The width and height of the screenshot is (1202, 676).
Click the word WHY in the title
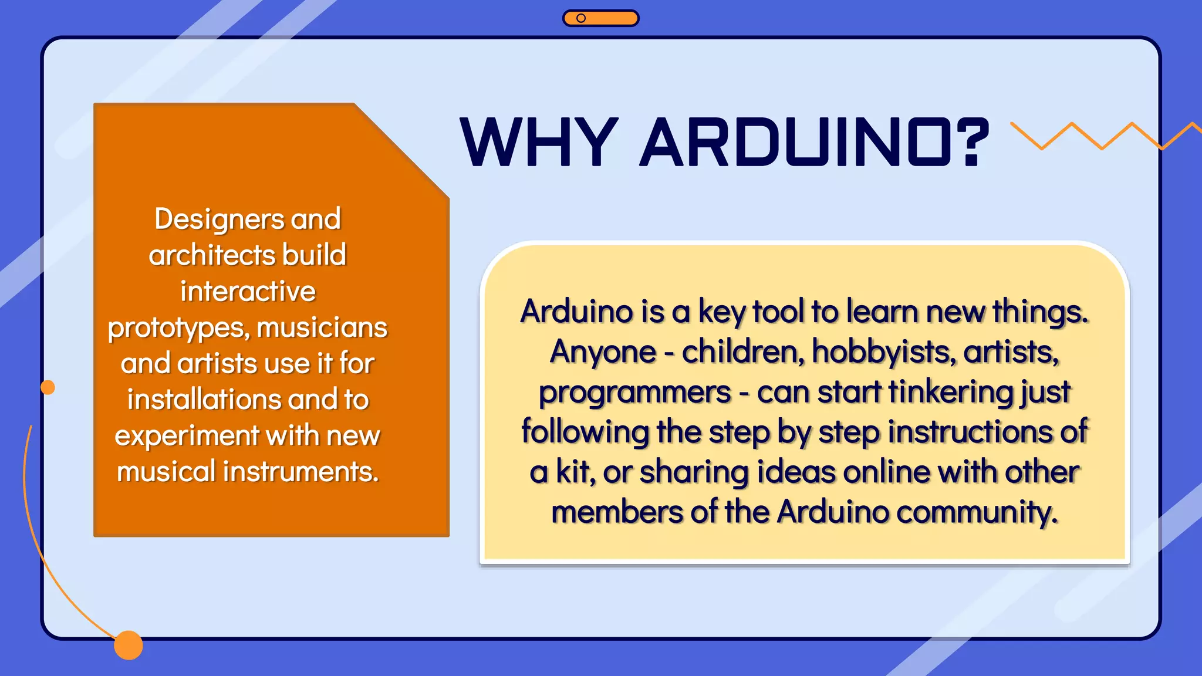click(x=539, y=142)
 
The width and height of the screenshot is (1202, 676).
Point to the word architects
click(x=212, y=255)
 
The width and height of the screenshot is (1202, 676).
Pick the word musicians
click(x=322, y=327)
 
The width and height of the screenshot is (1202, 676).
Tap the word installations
click(x=204, y=400)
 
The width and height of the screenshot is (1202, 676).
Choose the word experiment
click(x=187, y=436)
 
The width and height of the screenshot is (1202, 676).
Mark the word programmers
click(x=634, y=393)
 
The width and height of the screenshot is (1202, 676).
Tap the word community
click(x=977, y=512)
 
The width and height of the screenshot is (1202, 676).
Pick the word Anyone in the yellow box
click(x=603, y=352)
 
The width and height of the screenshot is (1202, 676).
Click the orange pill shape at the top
click(x=600, y=18)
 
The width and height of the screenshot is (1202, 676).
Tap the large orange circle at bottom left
click(x=129, y=645)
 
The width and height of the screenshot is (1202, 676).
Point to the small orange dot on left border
click(x=48, y=387)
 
